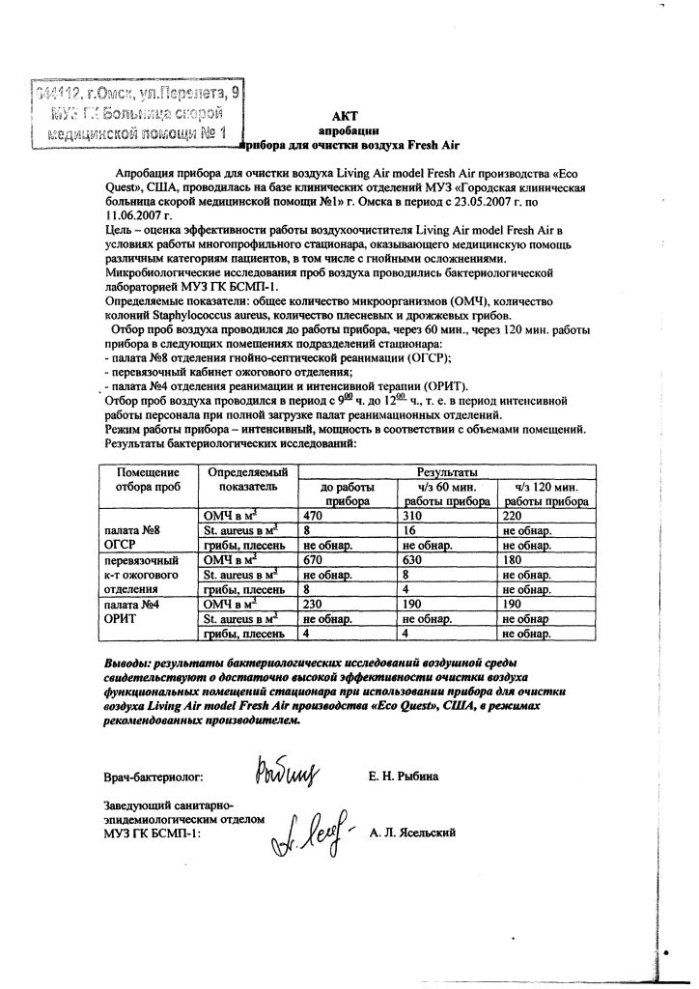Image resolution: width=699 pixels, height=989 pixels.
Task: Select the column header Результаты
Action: [447, 472]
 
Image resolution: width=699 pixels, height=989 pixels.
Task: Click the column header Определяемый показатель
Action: [246, 480]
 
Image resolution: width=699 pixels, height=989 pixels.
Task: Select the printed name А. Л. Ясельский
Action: [412, 833]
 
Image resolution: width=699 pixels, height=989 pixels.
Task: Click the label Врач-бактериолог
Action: [159, 777]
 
